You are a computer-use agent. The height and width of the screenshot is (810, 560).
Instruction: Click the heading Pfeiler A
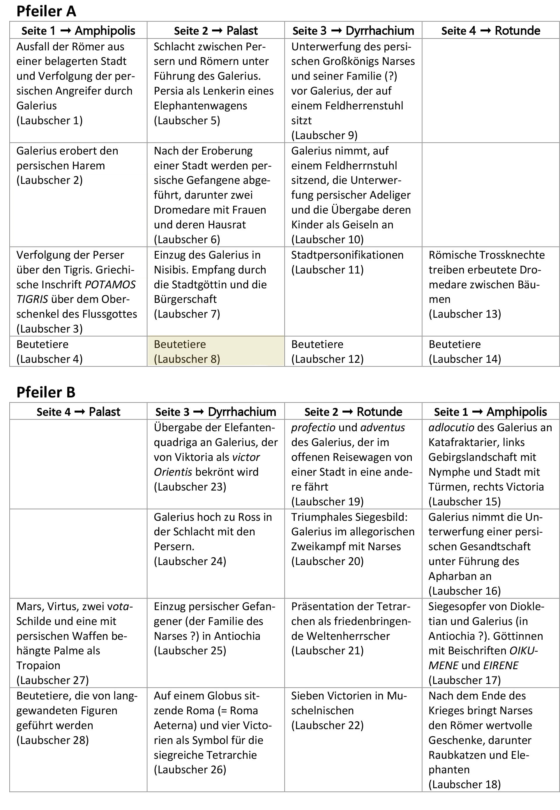(46, 11)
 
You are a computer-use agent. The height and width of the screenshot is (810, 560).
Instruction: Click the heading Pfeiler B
(46, 392)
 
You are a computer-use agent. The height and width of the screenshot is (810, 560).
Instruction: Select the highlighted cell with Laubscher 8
(215, 351)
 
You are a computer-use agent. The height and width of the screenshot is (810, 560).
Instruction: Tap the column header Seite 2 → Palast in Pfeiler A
(215, 31)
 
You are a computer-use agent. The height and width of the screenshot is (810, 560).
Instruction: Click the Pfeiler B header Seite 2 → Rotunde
(353, 412)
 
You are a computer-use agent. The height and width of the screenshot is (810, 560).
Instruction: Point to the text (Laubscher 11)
(327, 270)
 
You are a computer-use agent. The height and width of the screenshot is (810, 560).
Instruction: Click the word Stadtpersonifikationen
(347, 255)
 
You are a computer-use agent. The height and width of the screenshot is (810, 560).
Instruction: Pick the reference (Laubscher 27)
(52, 680)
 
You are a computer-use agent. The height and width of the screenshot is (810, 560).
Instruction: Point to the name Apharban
(460, 576)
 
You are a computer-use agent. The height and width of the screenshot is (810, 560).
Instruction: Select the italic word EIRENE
(501, 666)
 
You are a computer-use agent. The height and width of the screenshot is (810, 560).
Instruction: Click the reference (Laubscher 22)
(327, 725)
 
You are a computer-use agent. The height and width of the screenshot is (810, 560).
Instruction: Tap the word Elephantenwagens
(200, 106)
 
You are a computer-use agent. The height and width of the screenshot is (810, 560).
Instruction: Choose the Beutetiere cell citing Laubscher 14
(490, 351)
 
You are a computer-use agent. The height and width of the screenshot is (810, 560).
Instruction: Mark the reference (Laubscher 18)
(464, 784)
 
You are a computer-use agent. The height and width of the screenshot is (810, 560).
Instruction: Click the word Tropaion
(38, 666)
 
